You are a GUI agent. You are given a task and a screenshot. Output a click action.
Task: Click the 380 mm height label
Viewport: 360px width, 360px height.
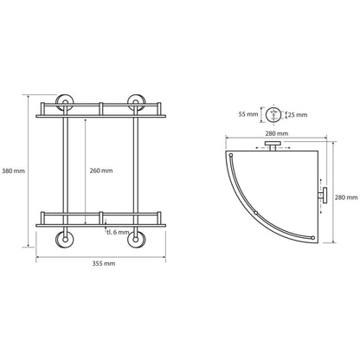coord(13,170)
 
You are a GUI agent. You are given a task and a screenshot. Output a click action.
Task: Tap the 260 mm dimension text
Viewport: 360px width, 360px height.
coord(101,170)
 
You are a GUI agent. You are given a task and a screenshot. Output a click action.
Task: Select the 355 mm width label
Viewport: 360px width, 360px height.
coord(104,263)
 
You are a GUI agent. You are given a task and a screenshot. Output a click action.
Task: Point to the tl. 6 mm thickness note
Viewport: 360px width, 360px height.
coord(118,232)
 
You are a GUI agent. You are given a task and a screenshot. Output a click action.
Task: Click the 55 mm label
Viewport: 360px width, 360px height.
coord(248,114)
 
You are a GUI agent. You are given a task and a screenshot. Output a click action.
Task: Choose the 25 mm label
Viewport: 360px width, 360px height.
coord(298,115)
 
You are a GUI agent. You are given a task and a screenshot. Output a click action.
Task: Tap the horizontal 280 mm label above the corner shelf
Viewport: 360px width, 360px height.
coord(276,133)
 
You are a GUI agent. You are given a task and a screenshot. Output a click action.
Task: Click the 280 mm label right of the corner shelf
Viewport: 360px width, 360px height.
coord(346,197)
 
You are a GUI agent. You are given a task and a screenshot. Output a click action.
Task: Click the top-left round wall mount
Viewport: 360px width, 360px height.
coord(65,102)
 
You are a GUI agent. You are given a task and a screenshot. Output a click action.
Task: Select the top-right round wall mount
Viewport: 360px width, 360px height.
coord(137,102)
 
